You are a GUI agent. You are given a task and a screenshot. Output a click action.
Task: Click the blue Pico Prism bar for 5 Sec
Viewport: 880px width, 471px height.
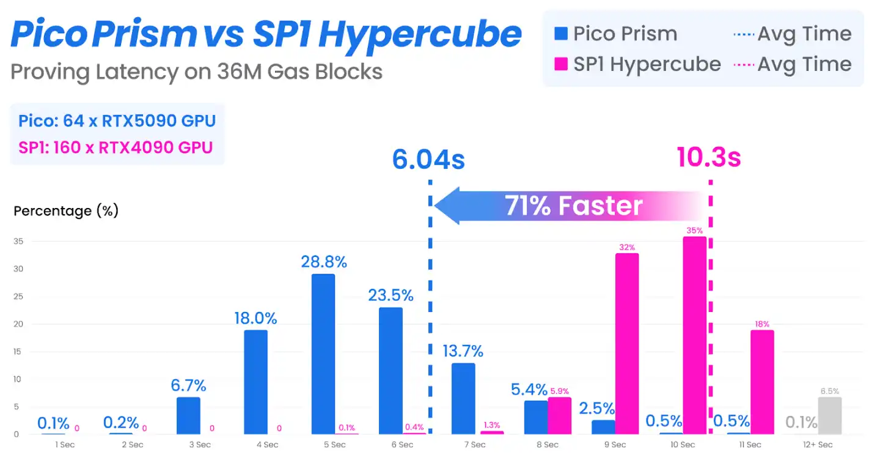(323, 354)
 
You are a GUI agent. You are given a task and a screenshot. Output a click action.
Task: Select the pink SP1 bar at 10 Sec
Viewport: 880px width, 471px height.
(694, 335)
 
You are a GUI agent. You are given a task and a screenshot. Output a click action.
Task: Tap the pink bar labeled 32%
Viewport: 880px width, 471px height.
(627, 343)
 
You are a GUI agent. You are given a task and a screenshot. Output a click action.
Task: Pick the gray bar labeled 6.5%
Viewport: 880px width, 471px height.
(829, 415)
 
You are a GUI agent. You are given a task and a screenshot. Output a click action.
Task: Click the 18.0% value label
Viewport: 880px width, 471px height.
(255, 318)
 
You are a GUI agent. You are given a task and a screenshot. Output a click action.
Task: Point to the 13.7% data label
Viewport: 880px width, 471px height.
(463, 351)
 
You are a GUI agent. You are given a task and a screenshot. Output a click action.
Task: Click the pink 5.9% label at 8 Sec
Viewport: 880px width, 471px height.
(559, 391)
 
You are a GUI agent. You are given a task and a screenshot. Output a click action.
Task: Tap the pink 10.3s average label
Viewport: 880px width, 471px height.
(708, 158)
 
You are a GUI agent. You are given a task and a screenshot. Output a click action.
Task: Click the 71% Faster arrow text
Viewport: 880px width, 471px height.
(573, 206)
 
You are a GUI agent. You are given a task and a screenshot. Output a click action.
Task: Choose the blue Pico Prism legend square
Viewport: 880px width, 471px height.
(560, 34)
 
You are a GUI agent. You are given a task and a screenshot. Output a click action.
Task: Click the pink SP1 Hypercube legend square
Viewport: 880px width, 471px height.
(560, 64)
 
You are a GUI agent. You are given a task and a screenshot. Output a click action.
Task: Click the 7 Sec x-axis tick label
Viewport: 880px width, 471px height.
(474, 445)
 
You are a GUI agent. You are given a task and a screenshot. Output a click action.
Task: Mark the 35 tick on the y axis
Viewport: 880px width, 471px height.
(18, 242)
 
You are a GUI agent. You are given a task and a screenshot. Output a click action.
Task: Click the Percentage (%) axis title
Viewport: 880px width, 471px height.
(66, 211)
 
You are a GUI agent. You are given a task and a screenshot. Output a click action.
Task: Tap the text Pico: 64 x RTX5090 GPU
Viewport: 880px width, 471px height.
(117, 121)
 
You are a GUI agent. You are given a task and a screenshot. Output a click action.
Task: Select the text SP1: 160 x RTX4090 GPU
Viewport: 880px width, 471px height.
(116, 147)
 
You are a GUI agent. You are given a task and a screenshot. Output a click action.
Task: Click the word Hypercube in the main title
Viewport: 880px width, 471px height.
(420, 35)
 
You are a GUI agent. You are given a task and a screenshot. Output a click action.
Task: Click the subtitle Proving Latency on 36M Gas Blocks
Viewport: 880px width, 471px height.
(196, 72)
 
